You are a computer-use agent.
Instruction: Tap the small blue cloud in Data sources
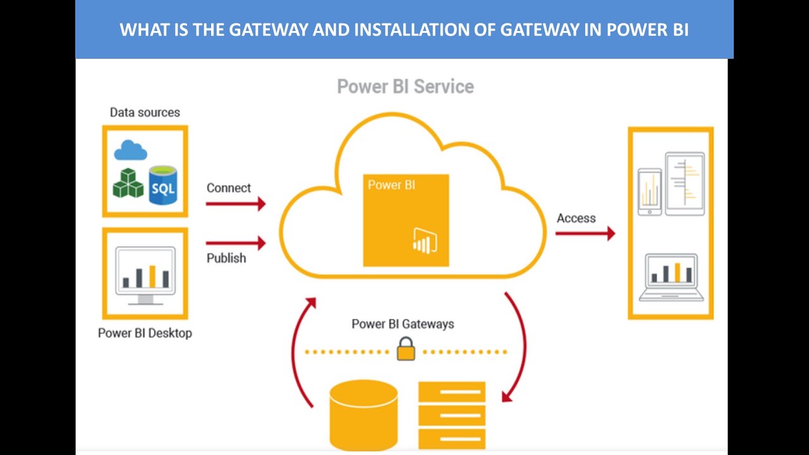click(131, 150)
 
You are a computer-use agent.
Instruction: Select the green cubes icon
click(128, 183)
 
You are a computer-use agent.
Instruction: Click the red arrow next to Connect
click(236, 203)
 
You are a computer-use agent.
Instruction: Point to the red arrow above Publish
click(236, 243)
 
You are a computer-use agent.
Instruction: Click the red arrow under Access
click(585, 233)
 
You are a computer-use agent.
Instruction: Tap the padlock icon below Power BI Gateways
click(406, 349)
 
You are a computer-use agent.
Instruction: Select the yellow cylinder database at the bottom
click(363, 414)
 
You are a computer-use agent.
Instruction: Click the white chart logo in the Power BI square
click(425, 241)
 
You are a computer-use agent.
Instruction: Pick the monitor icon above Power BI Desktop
click(145, 276)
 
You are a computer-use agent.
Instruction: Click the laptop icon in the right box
click(671, 277)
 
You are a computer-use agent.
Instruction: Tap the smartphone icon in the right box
click(650, 191)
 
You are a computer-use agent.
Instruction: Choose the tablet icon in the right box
click(684, 184)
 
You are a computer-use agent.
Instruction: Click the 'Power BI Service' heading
click(405, 87)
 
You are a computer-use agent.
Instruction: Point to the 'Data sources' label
click(145, 112)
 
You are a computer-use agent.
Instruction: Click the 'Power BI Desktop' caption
click(145, 333)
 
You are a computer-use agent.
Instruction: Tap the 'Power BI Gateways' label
click(403, 324)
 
